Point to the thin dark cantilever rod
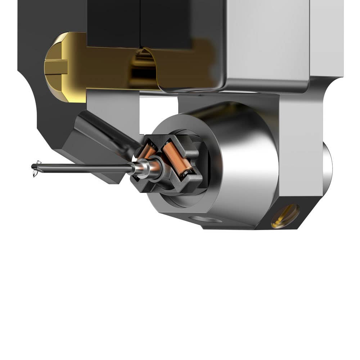[83, 167]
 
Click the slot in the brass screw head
[56, 67]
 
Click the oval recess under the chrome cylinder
[206, 219]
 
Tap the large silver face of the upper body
[266, 40]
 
